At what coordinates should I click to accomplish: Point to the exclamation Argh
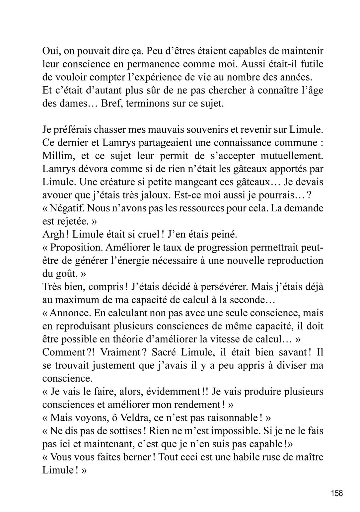(x=53, y=235)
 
